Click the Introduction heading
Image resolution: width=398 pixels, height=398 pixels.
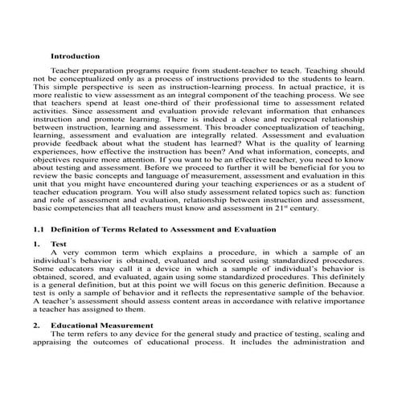tap(75, 56)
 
